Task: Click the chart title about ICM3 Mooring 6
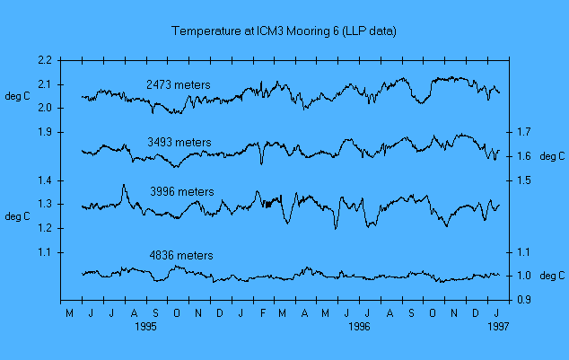point(284,31)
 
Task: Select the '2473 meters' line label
point(179,85)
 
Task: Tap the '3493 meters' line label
point(179,142)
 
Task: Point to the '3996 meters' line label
point(182,191)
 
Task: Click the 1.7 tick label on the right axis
point(524,132)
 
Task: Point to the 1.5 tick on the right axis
point(524,180)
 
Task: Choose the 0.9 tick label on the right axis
point(524,300)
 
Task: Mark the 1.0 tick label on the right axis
point(524,276)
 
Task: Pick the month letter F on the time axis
point(263,313)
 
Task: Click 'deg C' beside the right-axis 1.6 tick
point(550,156)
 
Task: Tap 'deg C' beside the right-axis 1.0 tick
point(550,276)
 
